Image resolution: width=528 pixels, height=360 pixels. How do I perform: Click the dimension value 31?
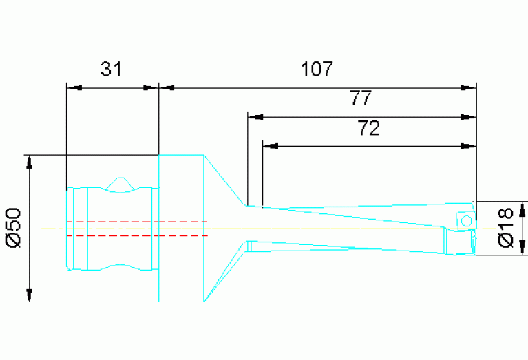point(111,69)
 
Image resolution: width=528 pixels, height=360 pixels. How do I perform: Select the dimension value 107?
point(317,69)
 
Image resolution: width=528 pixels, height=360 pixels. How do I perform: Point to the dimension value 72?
point(369,128)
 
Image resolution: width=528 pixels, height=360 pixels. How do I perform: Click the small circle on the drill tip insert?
point(465,220)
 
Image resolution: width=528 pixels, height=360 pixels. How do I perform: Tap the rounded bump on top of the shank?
point(120,183)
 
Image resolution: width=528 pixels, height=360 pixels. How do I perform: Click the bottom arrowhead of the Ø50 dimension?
point(30,294)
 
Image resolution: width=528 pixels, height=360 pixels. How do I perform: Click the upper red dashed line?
point(138,222)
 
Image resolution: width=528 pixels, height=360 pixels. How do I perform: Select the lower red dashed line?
point(138,235)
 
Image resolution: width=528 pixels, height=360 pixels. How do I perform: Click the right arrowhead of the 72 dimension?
point(468,146)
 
